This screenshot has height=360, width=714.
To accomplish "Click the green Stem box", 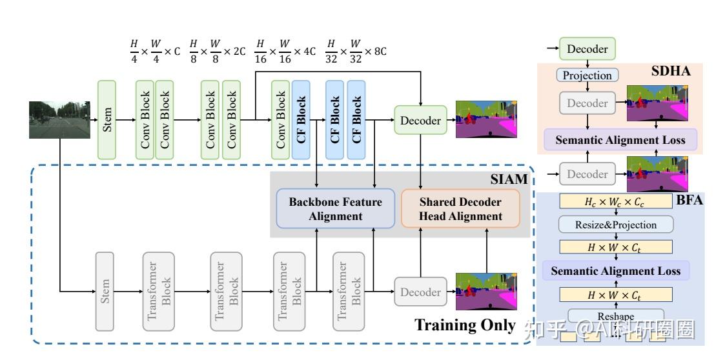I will [107, 119].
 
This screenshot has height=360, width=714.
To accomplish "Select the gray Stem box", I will [105, 292].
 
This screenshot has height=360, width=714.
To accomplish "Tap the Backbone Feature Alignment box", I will [335, 209].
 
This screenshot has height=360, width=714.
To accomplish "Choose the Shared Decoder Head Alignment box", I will [460, 209].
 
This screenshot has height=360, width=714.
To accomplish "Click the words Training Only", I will [464, 325].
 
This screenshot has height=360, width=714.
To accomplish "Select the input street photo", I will [59, 119].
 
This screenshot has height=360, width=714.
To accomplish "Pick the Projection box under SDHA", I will [587, 75].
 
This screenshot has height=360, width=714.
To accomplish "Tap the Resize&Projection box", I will [615, 225].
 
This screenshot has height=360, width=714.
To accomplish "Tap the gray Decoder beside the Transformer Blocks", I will [420, 292].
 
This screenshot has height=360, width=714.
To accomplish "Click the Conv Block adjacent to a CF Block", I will [280, 119].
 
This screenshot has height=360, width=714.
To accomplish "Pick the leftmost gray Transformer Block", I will [159, 292].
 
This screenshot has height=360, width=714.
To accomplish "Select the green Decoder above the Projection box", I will [587, 49].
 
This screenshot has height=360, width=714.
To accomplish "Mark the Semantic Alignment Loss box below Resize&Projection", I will [615, 270].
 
